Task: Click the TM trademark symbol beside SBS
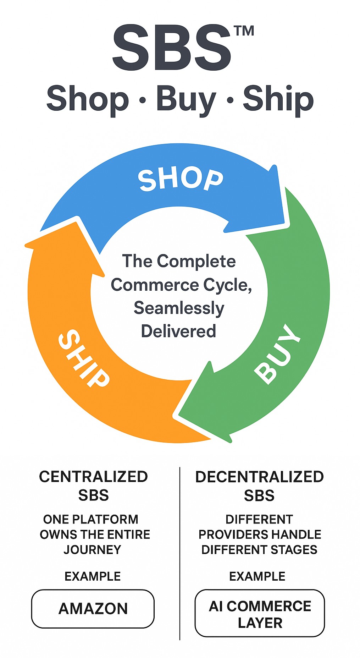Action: pyautogui.click(x=244, y=31)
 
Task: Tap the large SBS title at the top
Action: pyautogui.click(x=172, y=48)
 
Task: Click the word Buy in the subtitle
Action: pyautogui.click(x=186, y=99)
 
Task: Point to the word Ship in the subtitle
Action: pyautogui.click(x=278, y=99)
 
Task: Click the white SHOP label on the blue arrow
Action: pyautogui.click(x=181, y=179)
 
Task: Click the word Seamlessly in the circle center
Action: pyautogui.click(x=179, y=308)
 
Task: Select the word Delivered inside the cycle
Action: pyautogui.click(x=178, y=331)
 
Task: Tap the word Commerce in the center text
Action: pyautogui.click(x=155, y=285)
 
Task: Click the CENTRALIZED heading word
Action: pyautogui.click(x=93, y=477)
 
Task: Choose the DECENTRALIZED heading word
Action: pyautogui.click(x=259, y=477)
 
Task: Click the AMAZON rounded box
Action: pyautogui.click(x=93, y=609)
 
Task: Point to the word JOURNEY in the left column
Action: pyautogui.click(x=92, y=549)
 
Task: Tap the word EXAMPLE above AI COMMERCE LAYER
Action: pyautogui.click(x=257, y=576)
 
